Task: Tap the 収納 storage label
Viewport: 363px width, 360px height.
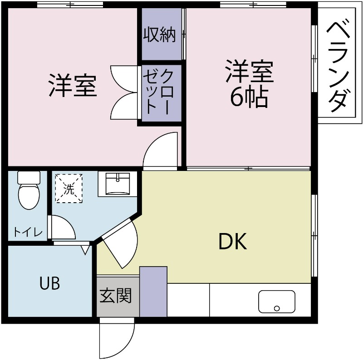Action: pos(159,35)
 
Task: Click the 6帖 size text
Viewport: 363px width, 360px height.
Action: pos(249,97)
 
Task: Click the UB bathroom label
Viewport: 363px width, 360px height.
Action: pos(49,283)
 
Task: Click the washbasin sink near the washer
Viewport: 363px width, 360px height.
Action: pos(118,184)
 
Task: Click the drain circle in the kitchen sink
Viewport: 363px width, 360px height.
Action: pos(277,309)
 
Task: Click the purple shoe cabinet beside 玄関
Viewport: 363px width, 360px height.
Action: pos(153,292)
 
